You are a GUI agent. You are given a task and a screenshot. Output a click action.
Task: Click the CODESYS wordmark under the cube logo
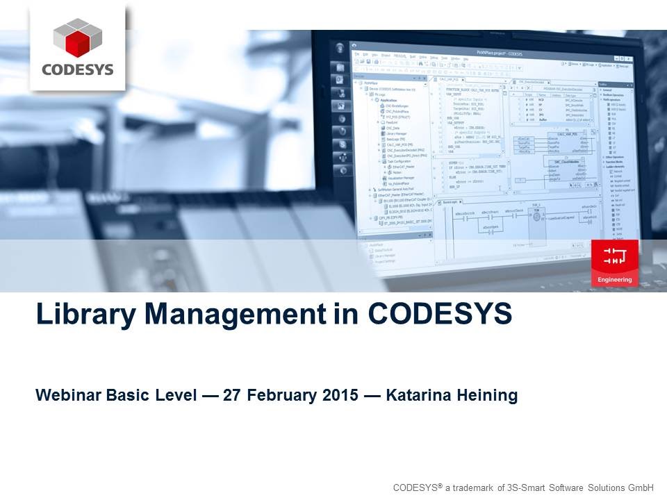click(x=78, y=69)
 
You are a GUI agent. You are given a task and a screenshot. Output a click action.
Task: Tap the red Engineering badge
click(x=615, y=262)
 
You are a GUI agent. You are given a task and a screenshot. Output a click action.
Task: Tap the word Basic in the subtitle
click(x=126, y=396)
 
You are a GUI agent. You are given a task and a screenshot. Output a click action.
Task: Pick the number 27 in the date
click(x=233, y=396)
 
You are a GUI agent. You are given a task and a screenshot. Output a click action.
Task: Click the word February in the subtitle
click(x=282, y=396)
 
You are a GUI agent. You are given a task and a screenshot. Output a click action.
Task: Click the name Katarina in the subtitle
click(x=416, y=396)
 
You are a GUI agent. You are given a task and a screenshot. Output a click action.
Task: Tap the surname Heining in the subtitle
click(x=487, y=396)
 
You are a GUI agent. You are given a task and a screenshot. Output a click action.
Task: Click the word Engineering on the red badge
click(x=615, y=280)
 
